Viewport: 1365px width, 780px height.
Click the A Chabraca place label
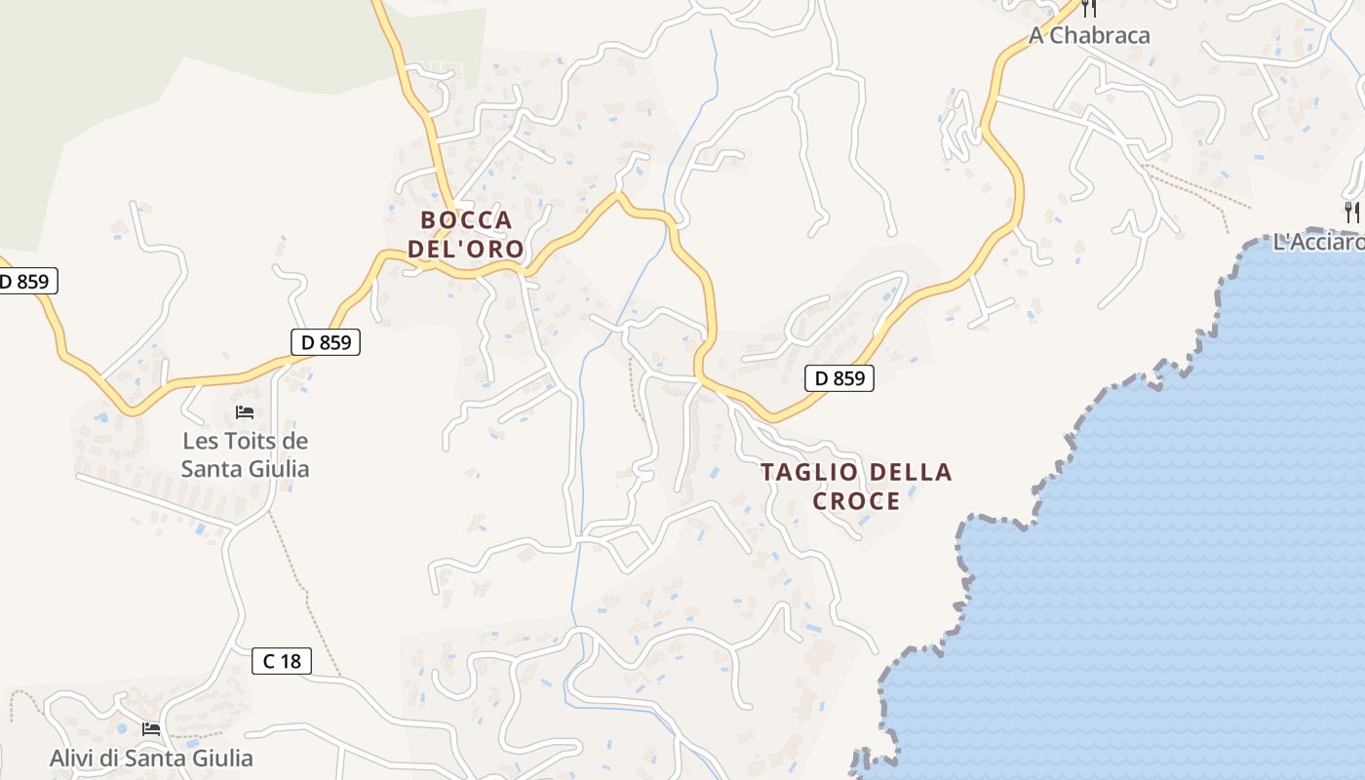[1089, 35]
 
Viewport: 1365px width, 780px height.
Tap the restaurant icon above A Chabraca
[1089, 8]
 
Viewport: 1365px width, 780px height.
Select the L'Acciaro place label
[1318, 242]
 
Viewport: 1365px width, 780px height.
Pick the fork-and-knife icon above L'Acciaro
[1351, 212]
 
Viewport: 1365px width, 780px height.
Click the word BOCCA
[466, 219]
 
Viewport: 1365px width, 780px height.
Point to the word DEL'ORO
[465, 249]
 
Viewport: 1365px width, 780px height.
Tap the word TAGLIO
[809, 472]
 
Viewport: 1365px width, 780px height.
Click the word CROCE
[856, 501]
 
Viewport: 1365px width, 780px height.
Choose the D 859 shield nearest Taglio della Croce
[838, 378]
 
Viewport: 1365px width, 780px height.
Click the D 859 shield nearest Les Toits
[326, 342]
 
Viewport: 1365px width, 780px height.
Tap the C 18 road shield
[281, 661]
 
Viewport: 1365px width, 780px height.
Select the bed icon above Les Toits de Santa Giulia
[245, 412]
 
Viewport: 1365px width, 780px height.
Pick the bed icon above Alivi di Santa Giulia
[150, 728]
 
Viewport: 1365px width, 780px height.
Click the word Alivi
[74, 758]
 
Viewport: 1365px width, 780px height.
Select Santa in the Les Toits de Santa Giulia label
[211, 469]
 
